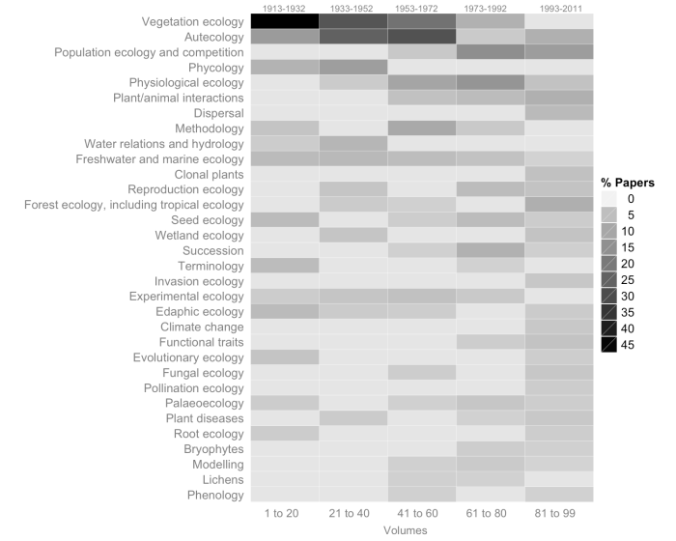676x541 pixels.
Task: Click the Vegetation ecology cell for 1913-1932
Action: (x=284, y=21)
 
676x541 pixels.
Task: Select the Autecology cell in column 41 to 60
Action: (x=421, y=37)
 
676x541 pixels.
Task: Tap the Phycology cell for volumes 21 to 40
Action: (x=352, y=68)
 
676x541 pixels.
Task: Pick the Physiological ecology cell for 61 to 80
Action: (x=490, y=83)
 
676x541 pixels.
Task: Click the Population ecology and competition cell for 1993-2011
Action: (x=558, y=52)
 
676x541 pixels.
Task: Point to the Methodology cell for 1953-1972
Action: (x=421, y=128)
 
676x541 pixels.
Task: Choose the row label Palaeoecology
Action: (x=204, y=403)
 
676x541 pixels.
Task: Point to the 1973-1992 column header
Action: (x=490, y=8)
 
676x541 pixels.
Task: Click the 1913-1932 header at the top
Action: (x=284, y=8)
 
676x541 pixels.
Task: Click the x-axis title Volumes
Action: (x=421, y=530)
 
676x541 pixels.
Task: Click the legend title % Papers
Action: (x=628, y=183)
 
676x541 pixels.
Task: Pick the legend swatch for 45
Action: (x=609, y=345)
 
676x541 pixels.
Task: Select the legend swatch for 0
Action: (x=609, y=198)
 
